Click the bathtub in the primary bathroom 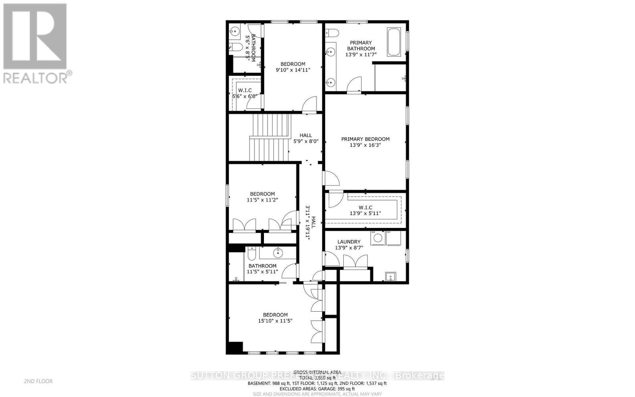394,42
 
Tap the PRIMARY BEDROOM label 366,139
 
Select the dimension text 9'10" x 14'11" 293,70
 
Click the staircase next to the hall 270,137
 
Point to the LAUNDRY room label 349,242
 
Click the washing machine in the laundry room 378,238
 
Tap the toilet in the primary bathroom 331,33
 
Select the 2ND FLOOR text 38,381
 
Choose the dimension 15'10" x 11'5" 275,321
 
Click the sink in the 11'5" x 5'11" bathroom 278,252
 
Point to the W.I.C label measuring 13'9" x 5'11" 365,208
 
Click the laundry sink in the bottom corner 391,276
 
